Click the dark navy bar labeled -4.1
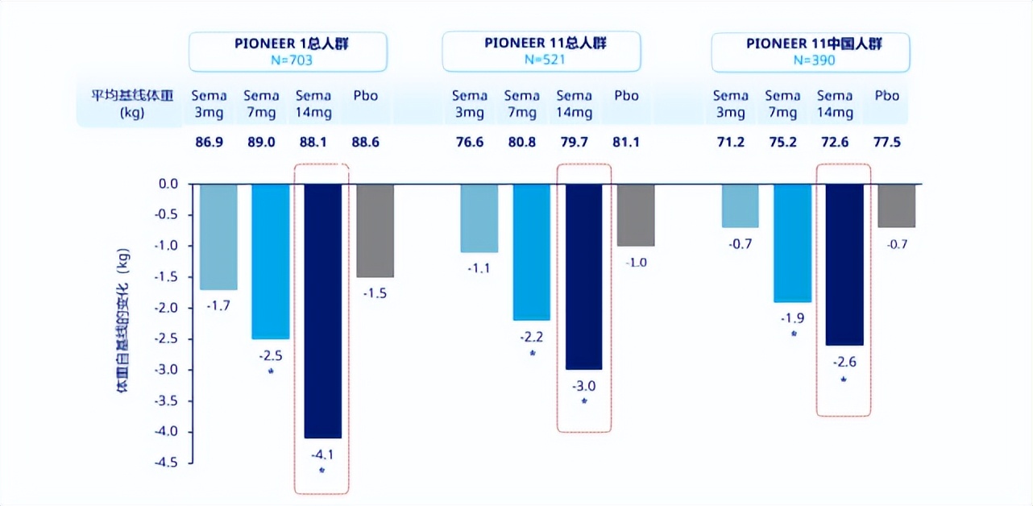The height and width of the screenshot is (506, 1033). point(323,310)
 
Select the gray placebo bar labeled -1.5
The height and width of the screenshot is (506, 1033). point(375,230)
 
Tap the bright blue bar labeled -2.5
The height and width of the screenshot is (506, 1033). point(271,261)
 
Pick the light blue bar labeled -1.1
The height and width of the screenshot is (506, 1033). point(479,218)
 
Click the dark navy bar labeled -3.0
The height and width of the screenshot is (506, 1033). point(584,276)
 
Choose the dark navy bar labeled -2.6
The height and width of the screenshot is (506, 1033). point(844,264)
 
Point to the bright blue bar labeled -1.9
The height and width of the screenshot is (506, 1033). point(792,243)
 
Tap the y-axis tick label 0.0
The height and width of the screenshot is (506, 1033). point(167,184)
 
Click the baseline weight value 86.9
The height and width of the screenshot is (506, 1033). point(209,143)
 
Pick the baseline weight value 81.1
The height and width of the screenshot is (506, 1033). point(626,143)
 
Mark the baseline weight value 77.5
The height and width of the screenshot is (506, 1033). point(887,143)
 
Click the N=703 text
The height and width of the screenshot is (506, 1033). point(288,59)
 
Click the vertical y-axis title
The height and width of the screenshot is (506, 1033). point(122,322)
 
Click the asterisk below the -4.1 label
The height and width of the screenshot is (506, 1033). point(322,470)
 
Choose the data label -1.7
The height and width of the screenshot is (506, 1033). point(218,306)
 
